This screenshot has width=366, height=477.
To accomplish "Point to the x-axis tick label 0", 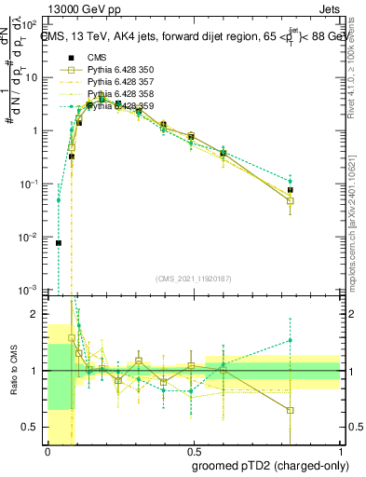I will [x=47, y=451].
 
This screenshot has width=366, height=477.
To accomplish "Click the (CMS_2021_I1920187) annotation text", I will [x=194, y=278].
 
